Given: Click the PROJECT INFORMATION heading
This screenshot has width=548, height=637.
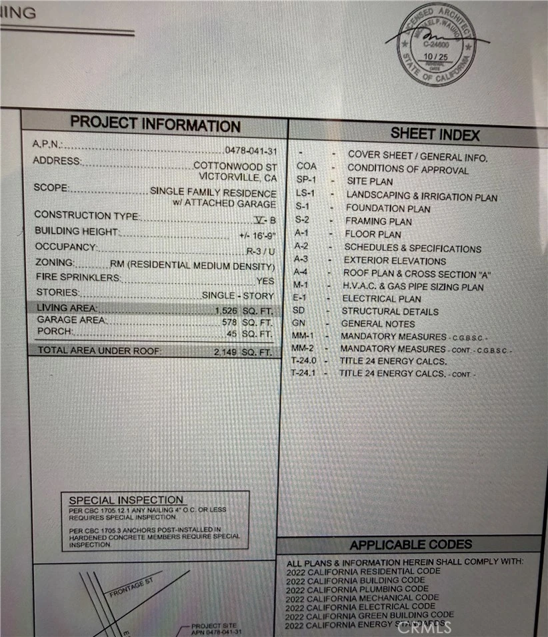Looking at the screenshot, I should (155, 123).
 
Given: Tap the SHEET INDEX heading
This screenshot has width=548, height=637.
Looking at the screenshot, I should (435, 134).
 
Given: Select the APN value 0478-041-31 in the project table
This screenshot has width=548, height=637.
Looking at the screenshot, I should (250, 151).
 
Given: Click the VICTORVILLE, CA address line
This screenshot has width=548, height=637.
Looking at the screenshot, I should (237, 177).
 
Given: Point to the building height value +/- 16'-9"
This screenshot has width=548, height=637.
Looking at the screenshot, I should (257, 236).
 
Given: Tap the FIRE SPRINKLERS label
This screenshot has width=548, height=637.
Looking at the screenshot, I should (78, 277).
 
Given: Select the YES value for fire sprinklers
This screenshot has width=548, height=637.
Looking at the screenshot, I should (265, 281).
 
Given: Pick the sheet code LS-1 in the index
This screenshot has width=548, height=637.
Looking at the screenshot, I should (305, 194).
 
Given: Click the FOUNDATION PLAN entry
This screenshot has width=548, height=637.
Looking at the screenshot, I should (387, 209).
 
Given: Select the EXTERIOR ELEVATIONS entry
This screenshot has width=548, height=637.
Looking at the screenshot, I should (395, 261).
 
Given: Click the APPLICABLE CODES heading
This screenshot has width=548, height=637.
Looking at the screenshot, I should (410, 545).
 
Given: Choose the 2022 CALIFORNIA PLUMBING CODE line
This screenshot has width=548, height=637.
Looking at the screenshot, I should (357, 589).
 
